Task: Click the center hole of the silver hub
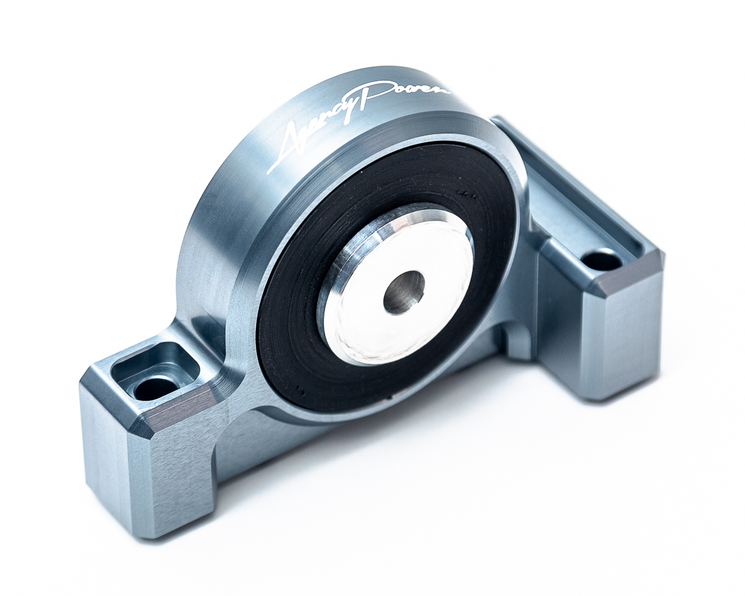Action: pyautogui.click(x=404, y=292)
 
